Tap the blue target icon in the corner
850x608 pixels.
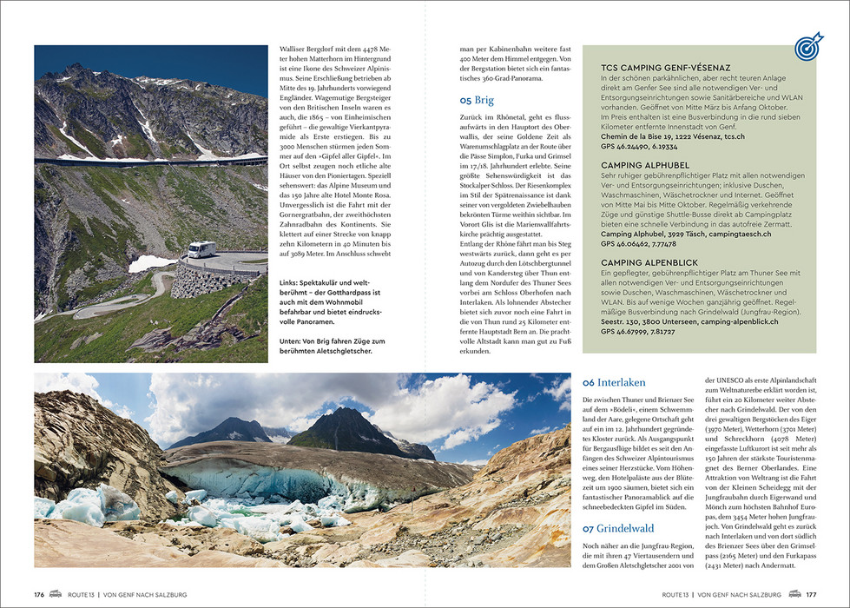click(x=808, y=49)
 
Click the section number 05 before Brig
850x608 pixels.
click(x=466, y=100)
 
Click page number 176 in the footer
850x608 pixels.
click(x=40, y=594)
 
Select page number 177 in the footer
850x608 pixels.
click(x=811, y=594)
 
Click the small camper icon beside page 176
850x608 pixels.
click(x=57, y=594)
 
